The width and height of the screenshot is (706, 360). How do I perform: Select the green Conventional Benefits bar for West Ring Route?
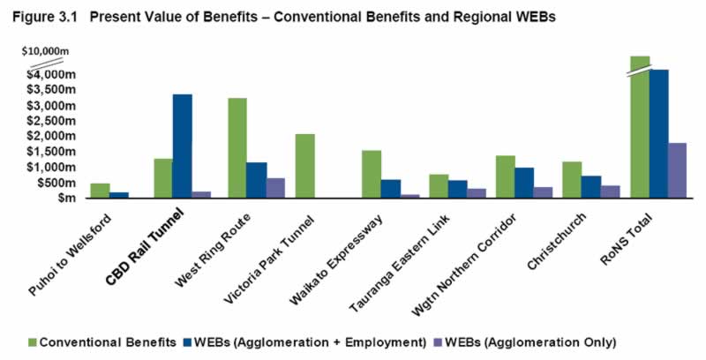[x=237, y=147]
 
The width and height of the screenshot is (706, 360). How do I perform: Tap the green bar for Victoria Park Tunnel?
[x=304, y=166]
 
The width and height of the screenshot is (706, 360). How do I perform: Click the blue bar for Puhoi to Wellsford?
[x=119, y=195]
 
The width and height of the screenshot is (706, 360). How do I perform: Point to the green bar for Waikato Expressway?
[x=371, y=174]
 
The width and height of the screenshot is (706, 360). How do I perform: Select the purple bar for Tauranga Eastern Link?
[x=477, y=193]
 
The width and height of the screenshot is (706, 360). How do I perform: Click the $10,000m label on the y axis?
[x=44, y=52]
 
